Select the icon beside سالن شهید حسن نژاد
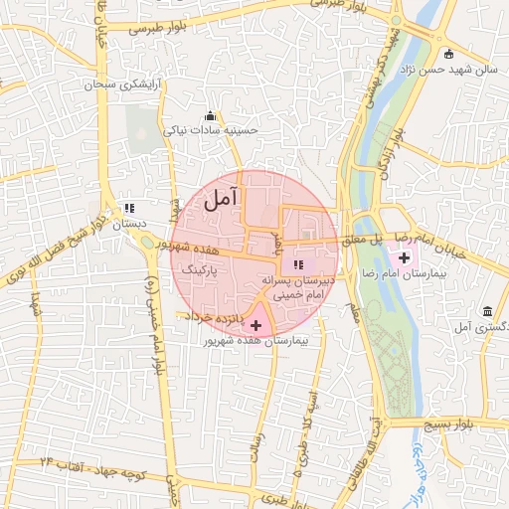pos(449,54)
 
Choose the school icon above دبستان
pos(129,209)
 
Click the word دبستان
pos(129,225)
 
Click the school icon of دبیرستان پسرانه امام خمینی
pos(298,264)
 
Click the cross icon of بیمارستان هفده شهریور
pos(257,325)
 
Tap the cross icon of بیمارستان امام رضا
pos(404,257)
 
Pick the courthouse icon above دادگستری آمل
pos(486,311)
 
